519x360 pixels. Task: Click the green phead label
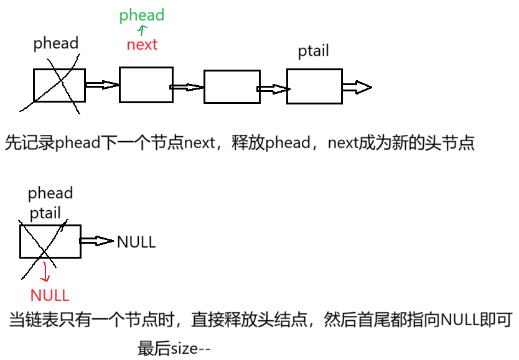point(141,15)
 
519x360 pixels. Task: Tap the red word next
point(142,45)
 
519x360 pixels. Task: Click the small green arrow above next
point(143,30)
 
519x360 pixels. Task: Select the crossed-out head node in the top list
point(59,85)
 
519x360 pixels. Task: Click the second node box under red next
point(146,85)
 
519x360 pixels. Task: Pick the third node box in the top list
point(231,87)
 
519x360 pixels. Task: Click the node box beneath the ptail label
point(314,86)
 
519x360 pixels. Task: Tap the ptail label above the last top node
point(313,51)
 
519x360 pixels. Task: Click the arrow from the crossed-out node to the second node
point(101,85)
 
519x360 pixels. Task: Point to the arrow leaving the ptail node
point(357,88)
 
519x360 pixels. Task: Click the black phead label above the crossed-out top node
point(56,43)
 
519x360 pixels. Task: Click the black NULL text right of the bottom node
point(136,242)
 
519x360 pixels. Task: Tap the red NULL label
point(50,295)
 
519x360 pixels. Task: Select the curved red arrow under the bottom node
point(45,272)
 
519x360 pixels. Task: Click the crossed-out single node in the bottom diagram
point(50,241)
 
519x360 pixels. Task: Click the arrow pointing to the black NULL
point(97,241)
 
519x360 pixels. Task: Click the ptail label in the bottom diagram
point(46,213)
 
